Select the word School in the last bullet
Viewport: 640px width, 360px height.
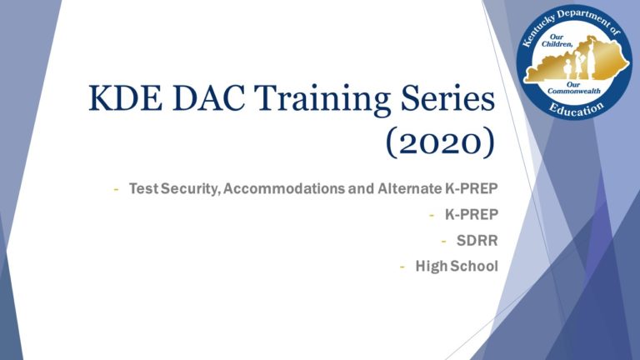point(474,267)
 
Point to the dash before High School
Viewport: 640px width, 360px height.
point(404,267)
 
